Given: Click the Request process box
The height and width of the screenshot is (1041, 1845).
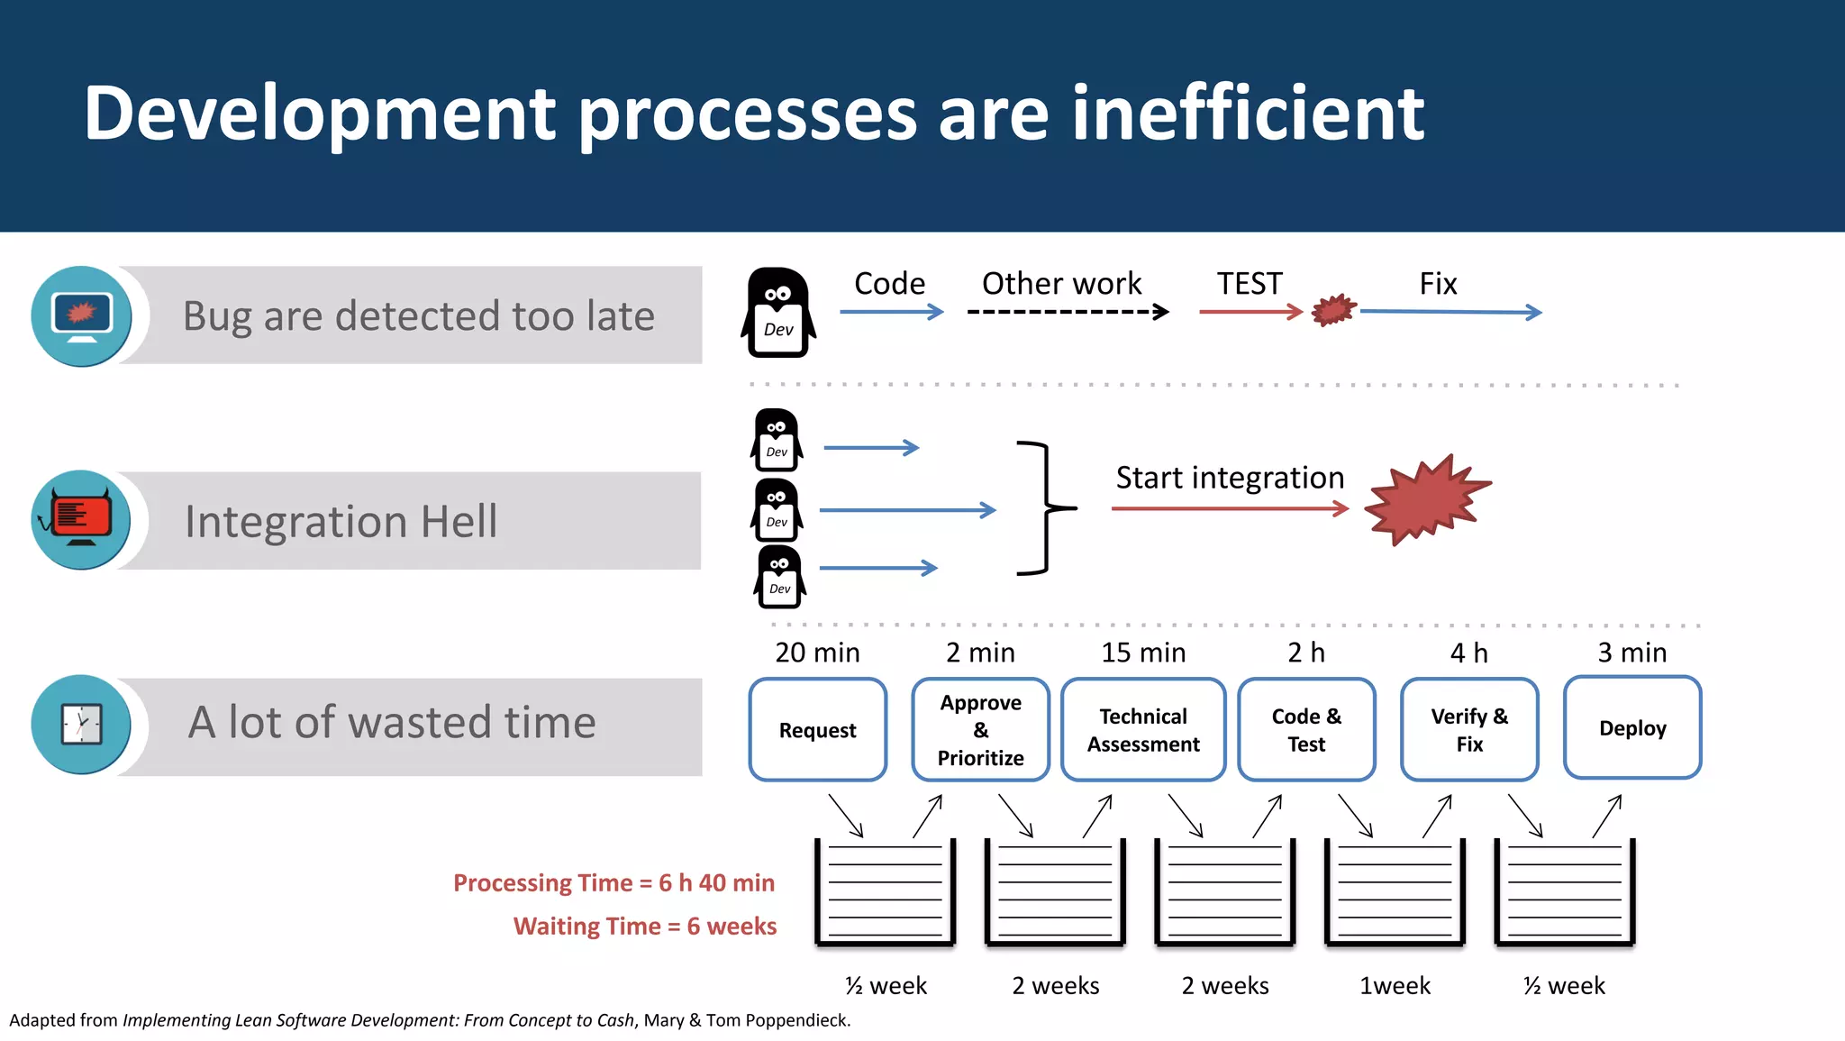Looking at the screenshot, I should [x=817, y=729].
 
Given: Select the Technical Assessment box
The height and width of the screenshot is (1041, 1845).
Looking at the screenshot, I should [x=1142, y=729].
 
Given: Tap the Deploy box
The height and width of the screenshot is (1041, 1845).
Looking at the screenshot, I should [x=1631, y=727].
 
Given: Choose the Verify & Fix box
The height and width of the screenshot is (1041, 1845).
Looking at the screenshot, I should [x=1468, y=729].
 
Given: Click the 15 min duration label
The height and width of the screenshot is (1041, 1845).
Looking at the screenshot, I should [x=1142, y=653].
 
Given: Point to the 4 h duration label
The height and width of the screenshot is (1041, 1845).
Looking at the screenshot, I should [x=1468, y=653].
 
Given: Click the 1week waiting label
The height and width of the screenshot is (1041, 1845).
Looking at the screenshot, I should [x=1394, y=985].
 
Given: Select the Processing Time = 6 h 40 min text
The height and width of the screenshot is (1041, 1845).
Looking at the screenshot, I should [x=613, y=882].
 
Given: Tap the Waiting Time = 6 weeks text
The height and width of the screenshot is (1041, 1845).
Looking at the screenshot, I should [x=644, y=926].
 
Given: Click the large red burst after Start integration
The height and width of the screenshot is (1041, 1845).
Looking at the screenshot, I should [x=1425, y=500].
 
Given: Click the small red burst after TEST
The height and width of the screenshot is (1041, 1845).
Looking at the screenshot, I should [x=1334, y=310].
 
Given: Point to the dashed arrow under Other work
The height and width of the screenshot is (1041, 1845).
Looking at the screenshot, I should [x=1067, y=312].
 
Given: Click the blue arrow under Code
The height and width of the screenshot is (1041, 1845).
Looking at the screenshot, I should [x=891, y=312].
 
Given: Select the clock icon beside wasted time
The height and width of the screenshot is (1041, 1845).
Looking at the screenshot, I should [x=81, y=724].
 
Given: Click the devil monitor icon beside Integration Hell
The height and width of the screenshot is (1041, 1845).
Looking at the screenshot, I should [x=81, y=519].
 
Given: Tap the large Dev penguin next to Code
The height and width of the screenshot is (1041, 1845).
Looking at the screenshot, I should [x=778, y=313].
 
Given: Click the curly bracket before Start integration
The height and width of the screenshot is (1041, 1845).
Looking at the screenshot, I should [x=1045, y=508].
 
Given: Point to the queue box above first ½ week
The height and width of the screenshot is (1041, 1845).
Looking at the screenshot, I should [x=885, y=891].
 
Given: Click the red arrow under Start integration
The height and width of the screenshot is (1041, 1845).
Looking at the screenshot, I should [x=1229, y=509].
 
